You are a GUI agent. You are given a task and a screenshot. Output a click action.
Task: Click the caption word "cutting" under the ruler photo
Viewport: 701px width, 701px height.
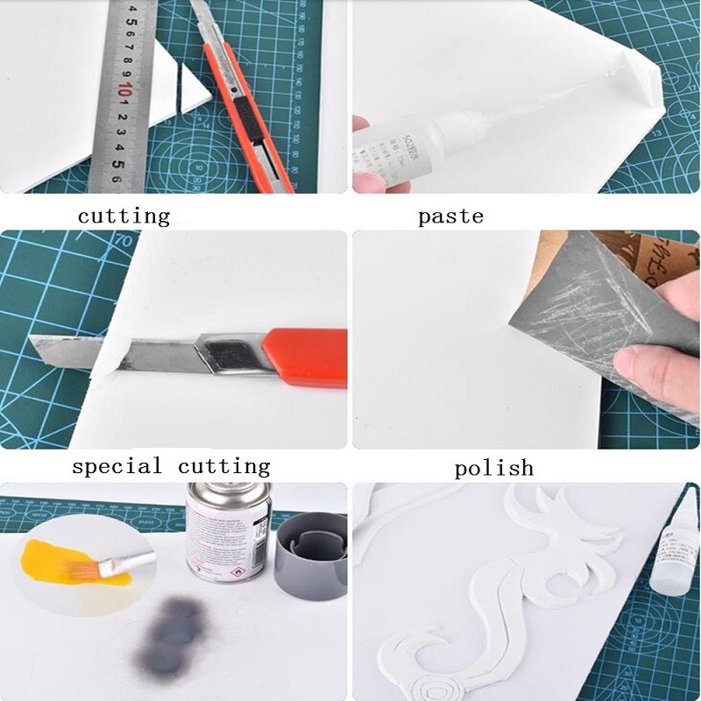(x=124, y=216)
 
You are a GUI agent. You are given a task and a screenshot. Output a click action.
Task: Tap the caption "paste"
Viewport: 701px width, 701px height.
(x=450, y=216)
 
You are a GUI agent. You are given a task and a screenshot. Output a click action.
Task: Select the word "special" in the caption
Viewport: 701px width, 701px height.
(x=117, y=466)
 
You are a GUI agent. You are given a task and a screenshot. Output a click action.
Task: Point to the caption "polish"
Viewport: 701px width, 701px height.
(x=493, y=468)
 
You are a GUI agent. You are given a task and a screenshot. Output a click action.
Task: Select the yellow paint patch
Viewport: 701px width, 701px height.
(x=61, y=561)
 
